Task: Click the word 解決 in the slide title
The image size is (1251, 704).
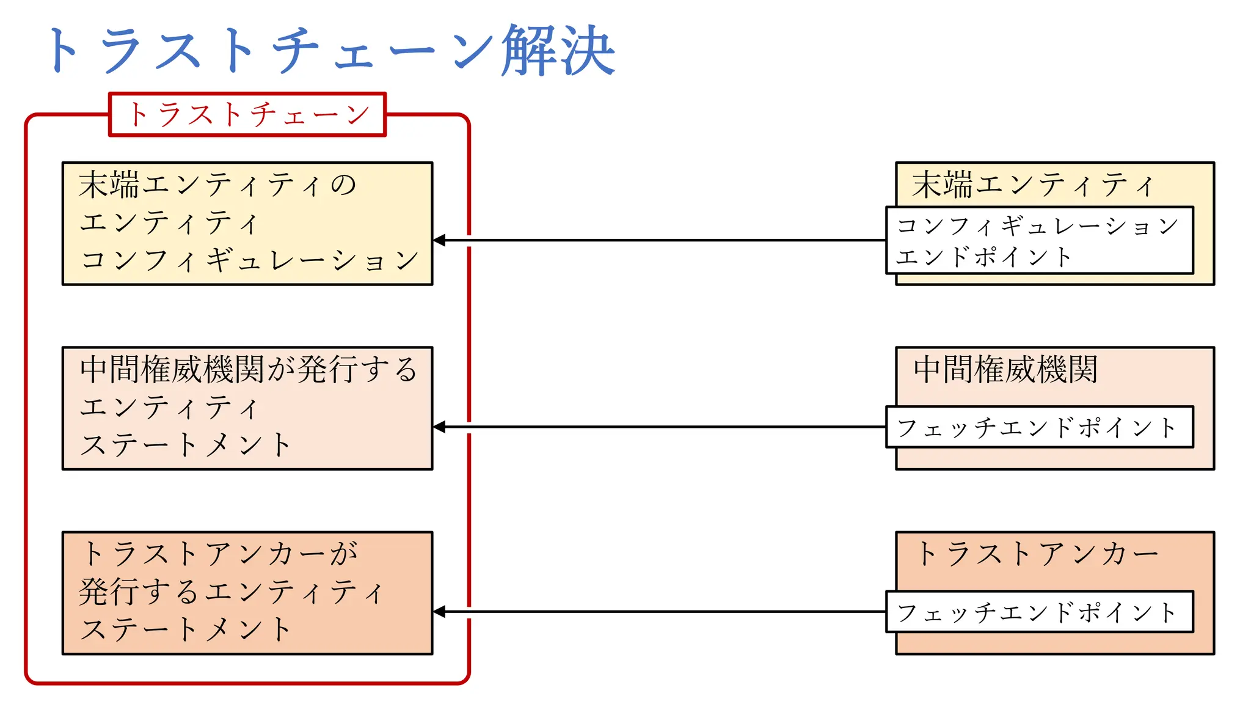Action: pos(558,50)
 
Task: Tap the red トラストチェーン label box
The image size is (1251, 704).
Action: pos(247,114)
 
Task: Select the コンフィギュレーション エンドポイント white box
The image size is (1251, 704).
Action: pos(1039,240)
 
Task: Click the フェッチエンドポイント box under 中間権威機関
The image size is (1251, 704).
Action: pos(1039,427)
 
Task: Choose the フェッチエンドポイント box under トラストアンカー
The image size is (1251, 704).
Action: pos(1039,612)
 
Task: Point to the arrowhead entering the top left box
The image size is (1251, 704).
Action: pos(439,240)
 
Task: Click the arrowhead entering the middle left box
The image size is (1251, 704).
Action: pos(439,427)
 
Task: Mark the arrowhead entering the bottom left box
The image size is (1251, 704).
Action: pos(439,612)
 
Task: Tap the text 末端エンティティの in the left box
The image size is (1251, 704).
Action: pos(217,185)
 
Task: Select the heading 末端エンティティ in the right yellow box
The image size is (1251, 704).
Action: pos(1033,185)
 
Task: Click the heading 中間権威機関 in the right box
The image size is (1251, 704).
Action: pos(1005,370)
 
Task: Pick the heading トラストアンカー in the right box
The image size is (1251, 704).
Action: pos(1037,554)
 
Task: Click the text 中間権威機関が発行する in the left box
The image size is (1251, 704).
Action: pos(248,370)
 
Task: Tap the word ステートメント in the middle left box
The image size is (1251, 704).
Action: pos(186,445)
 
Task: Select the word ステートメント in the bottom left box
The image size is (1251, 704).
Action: pos(186,629)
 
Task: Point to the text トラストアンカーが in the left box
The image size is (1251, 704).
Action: pos(219,554)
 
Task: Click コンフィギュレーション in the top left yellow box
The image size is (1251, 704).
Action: pos(249,260)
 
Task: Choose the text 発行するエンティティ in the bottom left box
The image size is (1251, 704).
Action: pos(231,592)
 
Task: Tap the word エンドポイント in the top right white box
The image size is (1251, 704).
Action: pos(983,257)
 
